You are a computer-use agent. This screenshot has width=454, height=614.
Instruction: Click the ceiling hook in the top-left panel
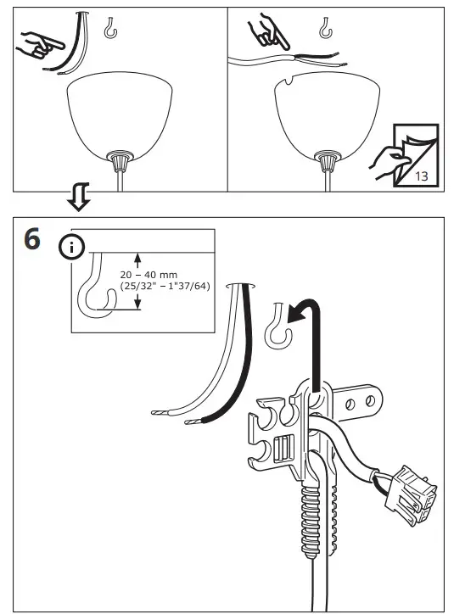[x=109, y=31]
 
